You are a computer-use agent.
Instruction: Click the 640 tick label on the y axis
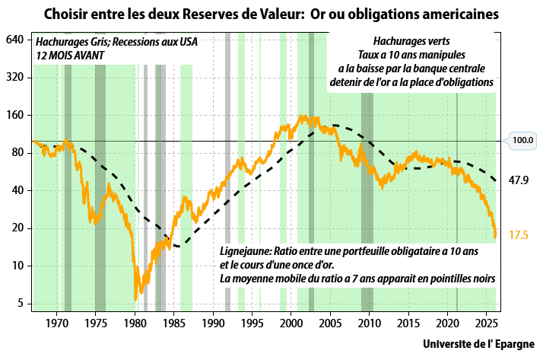(x=15, y=40)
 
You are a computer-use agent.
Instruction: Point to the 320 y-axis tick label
(x=15, y=78)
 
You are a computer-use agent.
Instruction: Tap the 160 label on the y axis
(x=15, y=115)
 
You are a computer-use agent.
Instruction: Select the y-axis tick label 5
(x=21, y=303)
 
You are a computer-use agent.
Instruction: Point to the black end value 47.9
(x=519, y=180)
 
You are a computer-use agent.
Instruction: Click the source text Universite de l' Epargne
(x=478, y=343)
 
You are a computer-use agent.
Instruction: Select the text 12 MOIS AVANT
(x=70, y=56)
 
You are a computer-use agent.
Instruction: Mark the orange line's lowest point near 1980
(x=135, y=298)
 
